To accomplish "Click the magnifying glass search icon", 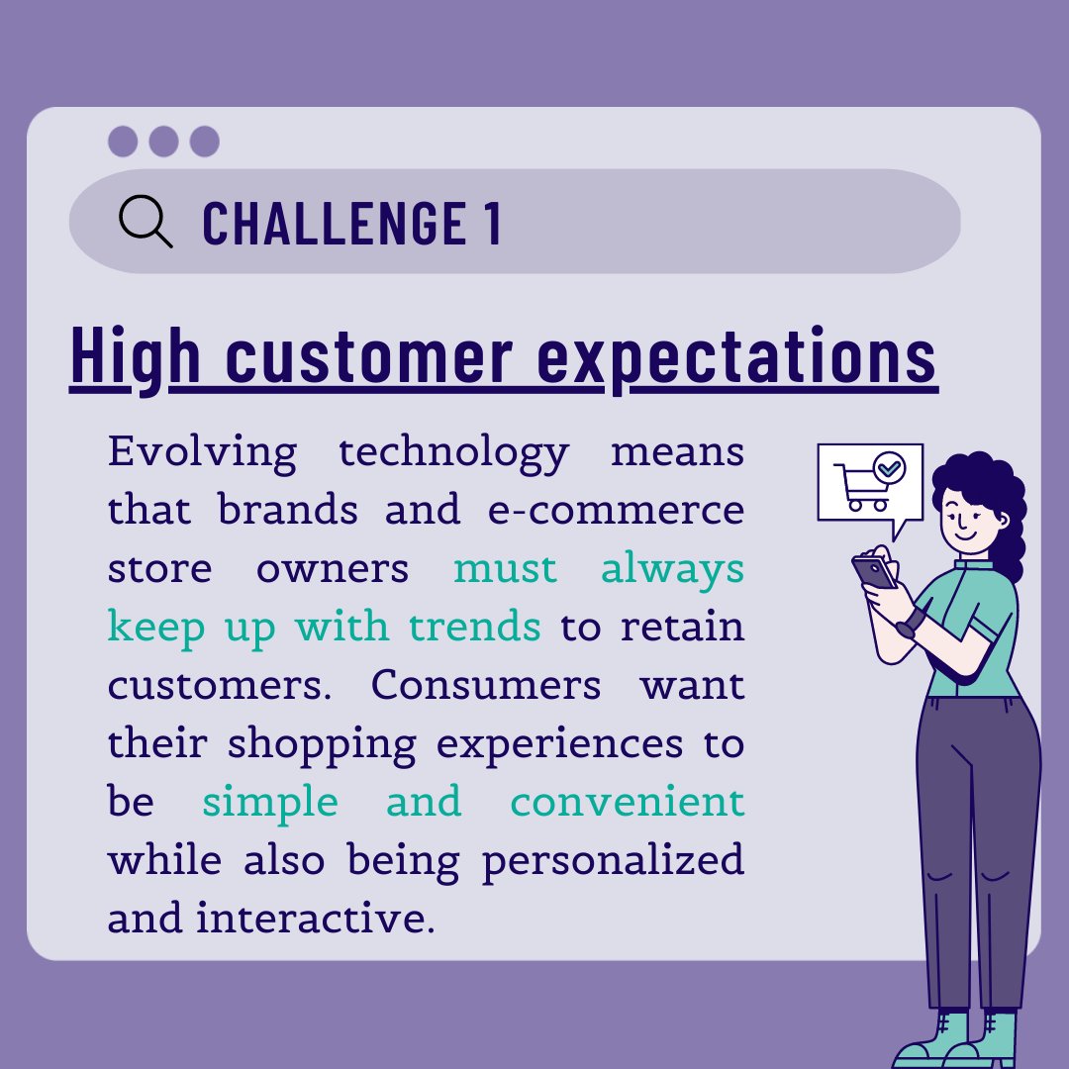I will (x=144, y=220).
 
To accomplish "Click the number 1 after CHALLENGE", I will (x=492, y=222).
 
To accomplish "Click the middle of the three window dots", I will (x=163, y=142).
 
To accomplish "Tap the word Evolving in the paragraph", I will (x=202, y=451).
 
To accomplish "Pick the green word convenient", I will (x=627, y=801).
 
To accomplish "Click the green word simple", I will (x=269, y=801).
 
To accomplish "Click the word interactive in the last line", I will (x=315, y=918).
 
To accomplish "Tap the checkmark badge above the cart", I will (x=889, y=466).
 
